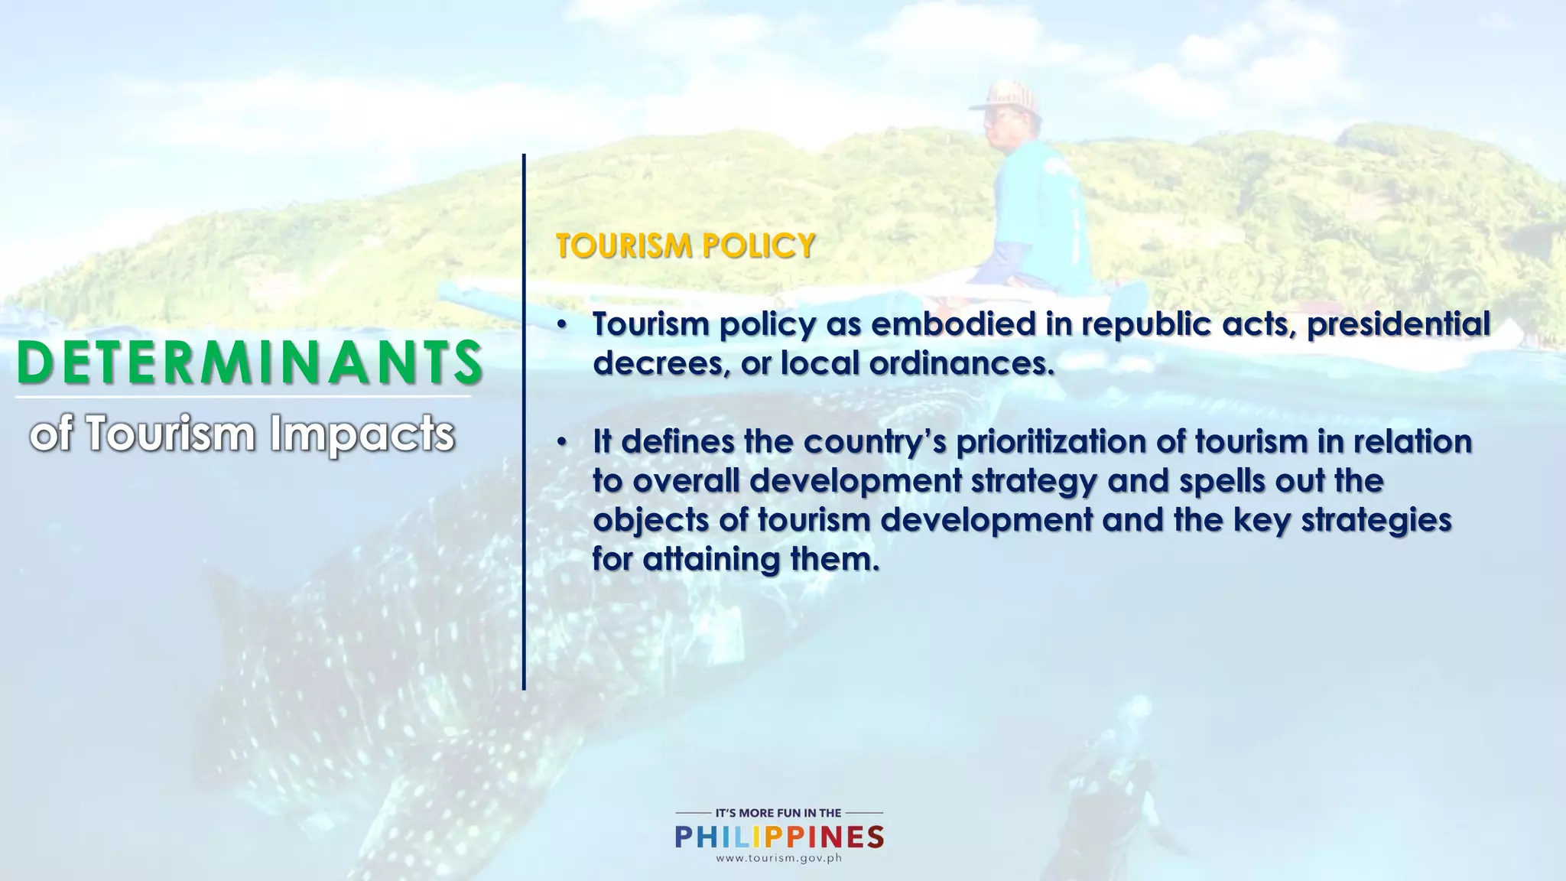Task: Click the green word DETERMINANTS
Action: pyautogui.click(x=249, y=362)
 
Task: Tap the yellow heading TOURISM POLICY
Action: pyautogui.click(x=685, y=246)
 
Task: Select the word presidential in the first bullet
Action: pyautogui.click(x=1398, y=324)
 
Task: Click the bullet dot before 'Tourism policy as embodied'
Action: pyautogui.click(x=562, y=326)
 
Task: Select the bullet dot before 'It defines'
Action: pyautogui.click(x=562, y=443)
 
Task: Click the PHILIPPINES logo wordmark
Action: pyautogui.click(x=779, y=837)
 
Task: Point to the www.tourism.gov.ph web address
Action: pyautogui.click(x=778, y=858)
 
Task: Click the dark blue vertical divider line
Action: pyautogui.click(x=524, y=421)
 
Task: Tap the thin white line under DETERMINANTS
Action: pyautogui.click(x=243, y=397)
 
